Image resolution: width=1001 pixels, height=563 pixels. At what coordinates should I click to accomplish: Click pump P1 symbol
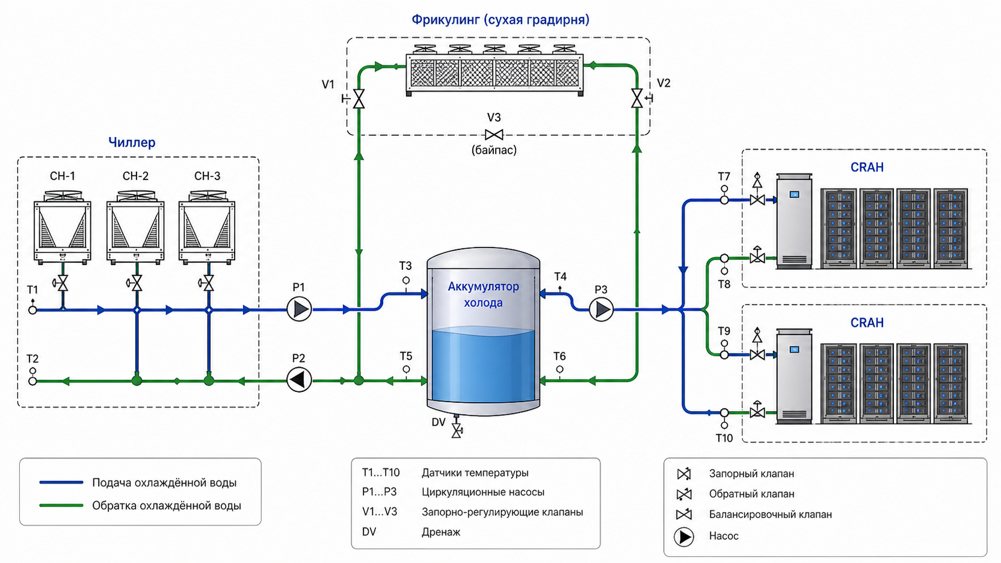299,309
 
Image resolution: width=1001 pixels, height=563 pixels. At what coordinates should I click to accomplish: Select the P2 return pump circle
299,380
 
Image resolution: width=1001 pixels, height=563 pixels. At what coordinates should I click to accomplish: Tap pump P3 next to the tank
601,309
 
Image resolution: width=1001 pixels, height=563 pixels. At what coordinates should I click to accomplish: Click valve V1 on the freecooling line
358,99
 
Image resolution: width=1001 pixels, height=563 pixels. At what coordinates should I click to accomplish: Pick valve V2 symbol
638,98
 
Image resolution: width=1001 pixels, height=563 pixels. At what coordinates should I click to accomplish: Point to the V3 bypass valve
494,135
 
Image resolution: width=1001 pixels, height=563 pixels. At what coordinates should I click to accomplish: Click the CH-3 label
207,176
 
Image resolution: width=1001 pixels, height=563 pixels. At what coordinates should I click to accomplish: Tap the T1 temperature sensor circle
32,309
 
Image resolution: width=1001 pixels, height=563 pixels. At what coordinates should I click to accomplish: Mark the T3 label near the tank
405,266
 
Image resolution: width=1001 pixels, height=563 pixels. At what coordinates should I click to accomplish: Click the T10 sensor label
724,438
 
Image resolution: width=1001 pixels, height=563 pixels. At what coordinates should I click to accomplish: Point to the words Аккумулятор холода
483,294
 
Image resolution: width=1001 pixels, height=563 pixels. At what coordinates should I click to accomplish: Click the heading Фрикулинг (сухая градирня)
500,20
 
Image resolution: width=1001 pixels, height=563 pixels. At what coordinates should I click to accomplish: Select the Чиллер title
132,142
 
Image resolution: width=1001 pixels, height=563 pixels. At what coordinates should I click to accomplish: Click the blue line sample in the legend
61,482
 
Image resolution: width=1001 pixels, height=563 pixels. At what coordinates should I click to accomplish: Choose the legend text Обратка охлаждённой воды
166,506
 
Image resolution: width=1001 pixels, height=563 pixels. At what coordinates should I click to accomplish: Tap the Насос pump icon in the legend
684,537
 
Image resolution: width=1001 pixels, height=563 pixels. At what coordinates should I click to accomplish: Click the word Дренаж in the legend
441,532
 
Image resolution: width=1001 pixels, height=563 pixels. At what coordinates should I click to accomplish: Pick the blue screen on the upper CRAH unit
794,194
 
